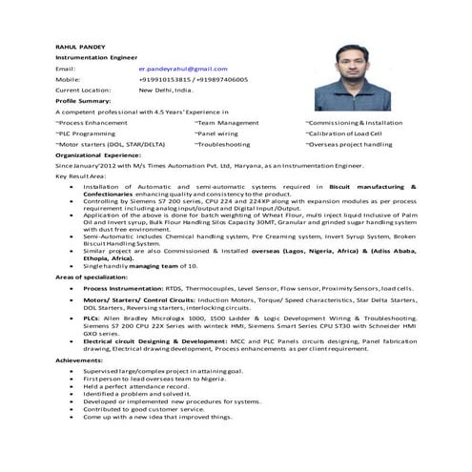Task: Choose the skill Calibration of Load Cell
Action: click(x=357, y=133)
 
